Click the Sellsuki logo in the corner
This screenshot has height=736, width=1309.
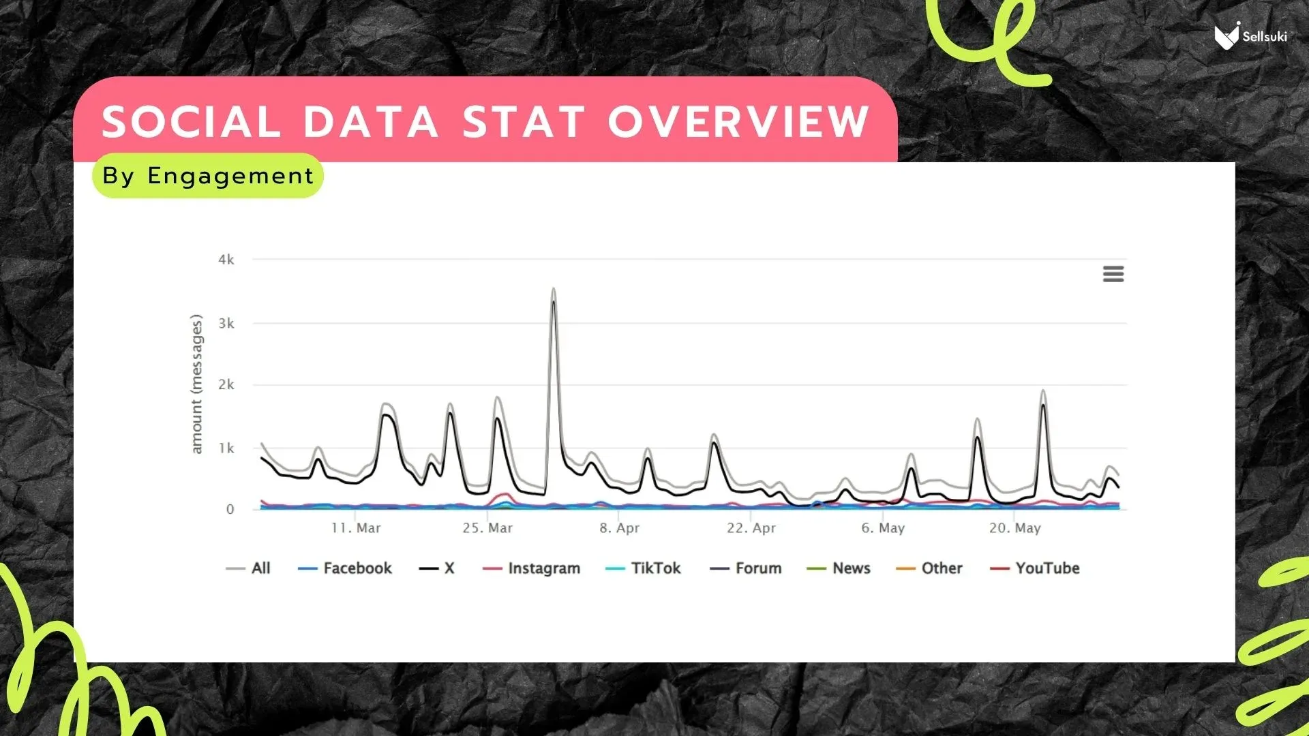point(1250,35)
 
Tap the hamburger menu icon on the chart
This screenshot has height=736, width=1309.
point(1113,274)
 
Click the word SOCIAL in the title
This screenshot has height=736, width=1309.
point(191,122)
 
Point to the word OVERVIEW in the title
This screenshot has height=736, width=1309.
point(738,122)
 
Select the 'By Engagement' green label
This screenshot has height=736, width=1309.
point(208,176)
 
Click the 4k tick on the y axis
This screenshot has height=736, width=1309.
point(226,260)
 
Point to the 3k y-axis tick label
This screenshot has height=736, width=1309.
point(226,323)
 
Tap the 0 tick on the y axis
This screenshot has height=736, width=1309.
point(230,509)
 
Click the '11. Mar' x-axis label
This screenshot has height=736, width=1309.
point(356,528)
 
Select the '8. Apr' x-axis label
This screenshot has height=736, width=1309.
point(619,528)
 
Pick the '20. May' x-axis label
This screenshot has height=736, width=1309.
point(1014,528)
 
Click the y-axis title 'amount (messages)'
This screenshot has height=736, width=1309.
point(196,384)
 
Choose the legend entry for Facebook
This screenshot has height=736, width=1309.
point(345,568)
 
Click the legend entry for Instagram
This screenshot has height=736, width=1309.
point(531,568)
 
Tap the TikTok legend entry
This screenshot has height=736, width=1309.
point(643,568)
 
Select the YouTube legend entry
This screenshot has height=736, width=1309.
point(1034,568)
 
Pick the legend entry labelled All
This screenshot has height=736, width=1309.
point(248,568)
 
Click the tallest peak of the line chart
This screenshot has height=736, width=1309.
point(554,290)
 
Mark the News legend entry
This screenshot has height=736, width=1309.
point(839,568)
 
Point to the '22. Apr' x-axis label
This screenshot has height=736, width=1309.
point(751,528)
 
